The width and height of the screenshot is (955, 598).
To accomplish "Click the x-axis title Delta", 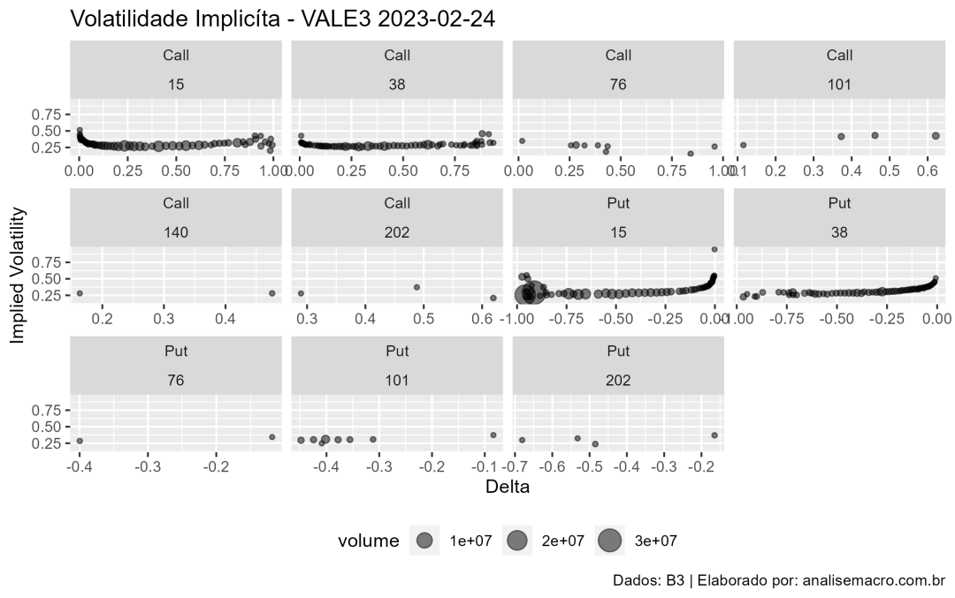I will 507,485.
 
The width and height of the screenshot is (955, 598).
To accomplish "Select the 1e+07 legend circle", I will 424,541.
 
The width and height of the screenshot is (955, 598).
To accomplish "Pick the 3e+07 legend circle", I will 609,541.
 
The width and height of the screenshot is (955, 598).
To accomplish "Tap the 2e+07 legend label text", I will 563,541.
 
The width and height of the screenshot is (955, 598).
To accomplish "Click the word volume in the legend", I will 368,541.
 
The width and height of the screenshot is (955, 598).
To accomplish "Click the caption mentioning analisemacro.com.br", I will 779,581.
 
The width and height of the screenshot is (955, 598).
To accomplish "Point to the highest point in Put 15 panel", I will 714,249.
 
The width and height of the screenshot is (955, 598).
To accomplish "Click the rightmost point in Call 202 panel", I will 493,298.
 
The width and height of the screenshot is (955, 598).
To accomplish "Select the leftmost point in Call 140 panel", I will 80,293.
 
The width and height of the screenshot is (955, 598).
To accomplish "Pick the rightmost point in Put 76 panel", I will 271,436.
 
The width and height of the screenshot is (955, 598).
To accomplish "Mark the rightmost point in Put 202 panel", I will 714,435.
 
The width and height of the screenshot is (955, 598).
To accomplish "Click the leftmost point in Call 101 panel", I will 744,145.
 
